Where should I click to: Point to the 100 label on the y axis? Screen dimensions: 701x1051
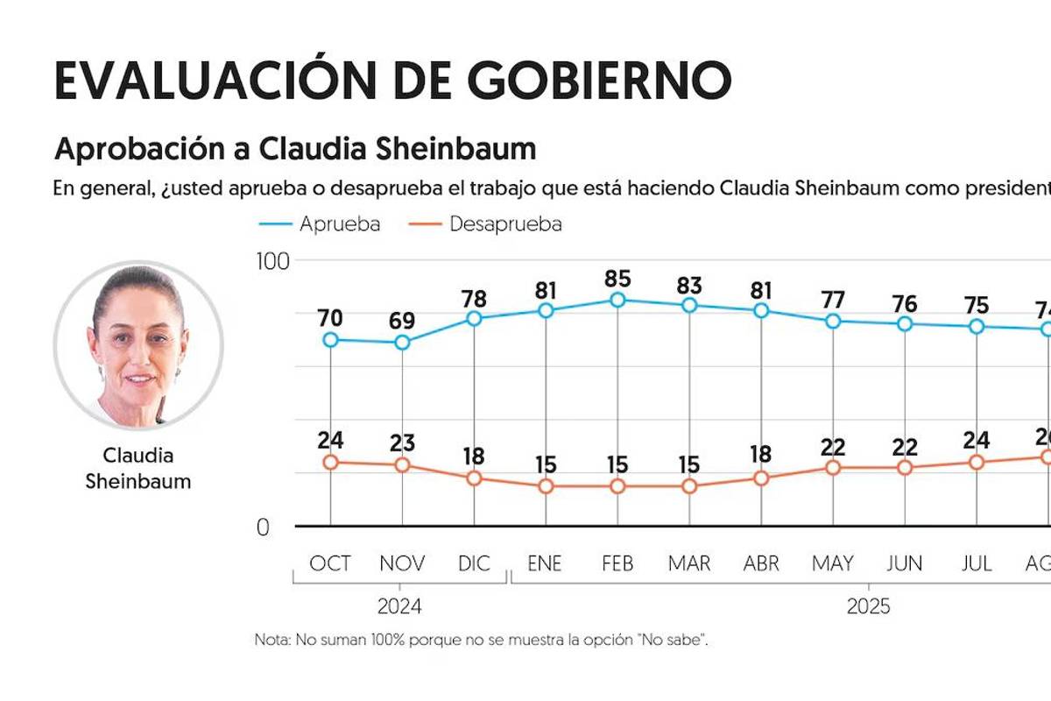point(271,261)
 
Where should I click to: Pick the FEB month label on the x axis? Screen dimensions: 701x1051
point(617,563)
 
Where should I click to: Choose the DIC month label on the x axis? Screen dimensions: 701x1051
point(474,563)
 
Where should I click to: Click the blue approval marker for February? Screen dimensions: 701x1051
point(617,300)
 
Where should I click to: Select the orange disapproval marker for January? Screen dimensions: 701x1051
point(546,486)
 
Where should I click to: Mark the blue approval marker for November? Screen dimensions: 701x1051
point(402,343)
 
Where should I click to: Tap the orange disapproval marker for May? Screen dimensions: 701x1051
point(833,468)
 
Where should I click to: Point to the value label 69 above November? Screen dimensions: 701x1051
point(402,321)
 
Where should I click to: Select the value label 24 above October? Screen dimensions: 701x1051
point(330,440)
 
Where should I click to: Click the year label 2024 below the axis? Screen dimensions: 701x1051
point(399,606)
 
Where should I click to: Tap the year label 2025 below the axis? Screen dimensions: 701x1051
point(868,606)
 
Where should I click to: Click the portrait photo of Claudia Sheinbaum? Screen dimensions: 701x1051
point(138,344)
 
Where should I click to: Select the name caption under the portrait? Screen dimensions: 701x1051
point(138,468)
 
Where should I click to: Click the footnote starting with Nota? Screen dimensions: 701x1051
point(480,640)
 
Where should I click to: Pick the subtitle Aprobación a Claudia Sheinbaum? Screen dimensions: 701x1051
point(294,149)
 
